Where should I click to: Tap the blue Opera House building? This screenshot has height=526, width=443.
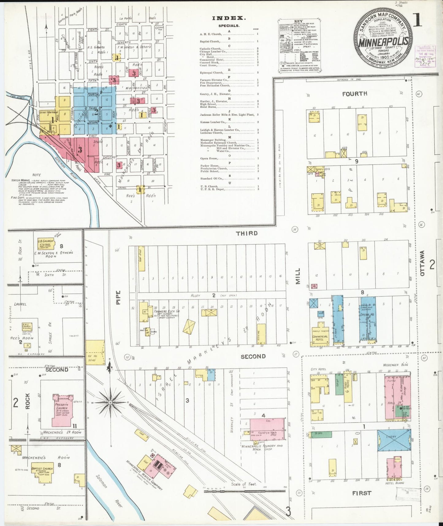click(x=367, y=319)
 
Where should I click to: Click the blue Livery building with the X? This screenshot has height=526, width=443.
click(x=394, y=440)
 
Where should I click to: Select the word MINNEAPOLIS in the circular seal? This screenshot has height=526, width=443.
click(x=383, y=42)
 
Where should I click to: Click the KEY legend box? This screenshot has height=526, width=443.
click(x=299, y=46)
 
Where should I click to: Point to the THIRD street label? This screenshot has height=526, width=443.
click(x=246, y=233)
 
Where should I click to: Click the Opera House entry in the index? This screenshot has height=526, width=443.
click(x=208, y=158)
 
